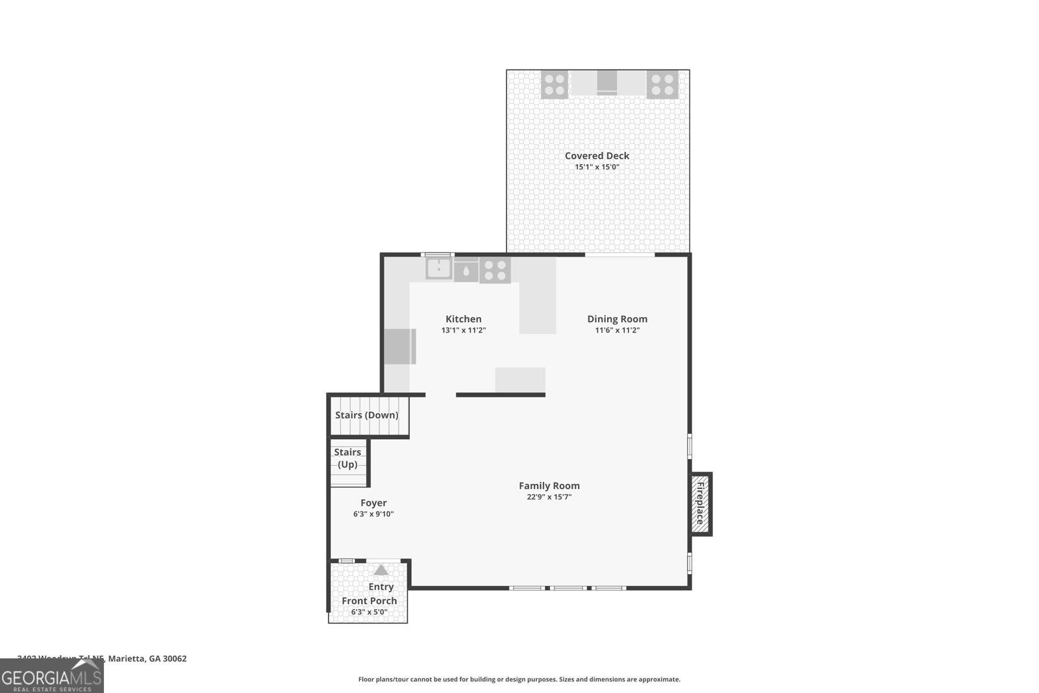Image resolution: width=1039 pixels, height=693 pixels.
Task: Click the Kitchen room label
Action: coord(463,319)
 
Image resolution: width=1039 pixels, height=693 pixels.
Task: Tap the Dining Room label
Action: coord(617,319)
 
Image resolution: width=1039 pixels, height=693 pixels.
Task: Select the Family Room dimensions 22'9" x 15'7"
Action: coord(549,498)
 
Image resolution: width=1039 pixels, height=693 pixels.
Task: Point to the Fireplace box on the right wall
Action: coord(700,503)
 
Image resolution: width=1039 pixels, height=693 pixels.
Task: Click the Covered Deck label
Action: coord(597,156)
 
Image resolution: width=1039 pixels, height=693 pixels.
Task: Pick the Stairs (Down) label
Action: coord(367,416)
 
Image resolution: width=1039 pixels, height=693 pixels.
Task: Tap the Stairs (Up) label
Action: coord(347,458)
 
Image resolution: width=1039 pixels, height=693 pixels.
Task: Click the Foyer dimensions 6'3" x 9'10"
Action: coord(373,514)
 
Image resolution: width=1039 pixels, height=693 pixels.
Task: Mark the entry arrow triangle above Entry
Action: coord(381,570)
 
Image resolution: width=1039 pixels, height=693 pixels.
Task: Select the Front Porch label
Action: coord(369,601)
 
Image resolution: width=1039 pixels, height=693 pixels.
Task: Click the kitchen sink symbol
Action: coord(439,268)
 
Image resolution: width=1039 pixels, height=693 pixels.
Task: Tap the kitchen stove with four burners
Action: coord(495,270)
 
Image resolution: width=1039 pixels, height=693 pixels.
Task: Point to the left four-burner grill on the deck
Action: coord(555,84)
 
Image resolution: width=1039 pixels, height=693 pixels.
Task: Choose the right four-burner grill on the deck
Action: coord(662,84)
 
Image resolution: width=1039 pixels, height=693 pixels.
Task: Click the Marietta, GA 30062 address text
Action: coord(147,659)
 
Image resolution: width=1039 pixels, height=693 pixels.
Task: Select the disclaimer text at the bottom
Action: coord(519,679)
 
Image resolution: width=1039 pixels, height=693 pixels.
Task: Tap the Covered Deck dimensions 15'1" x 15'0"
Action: coord(597,167)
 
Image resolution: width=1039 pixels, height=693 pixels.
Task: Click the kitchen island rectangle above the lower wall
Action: coord(520,379)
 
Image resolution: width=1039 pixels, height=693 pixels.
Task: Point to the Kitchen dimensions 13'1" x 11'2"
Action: coord(463,331)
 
